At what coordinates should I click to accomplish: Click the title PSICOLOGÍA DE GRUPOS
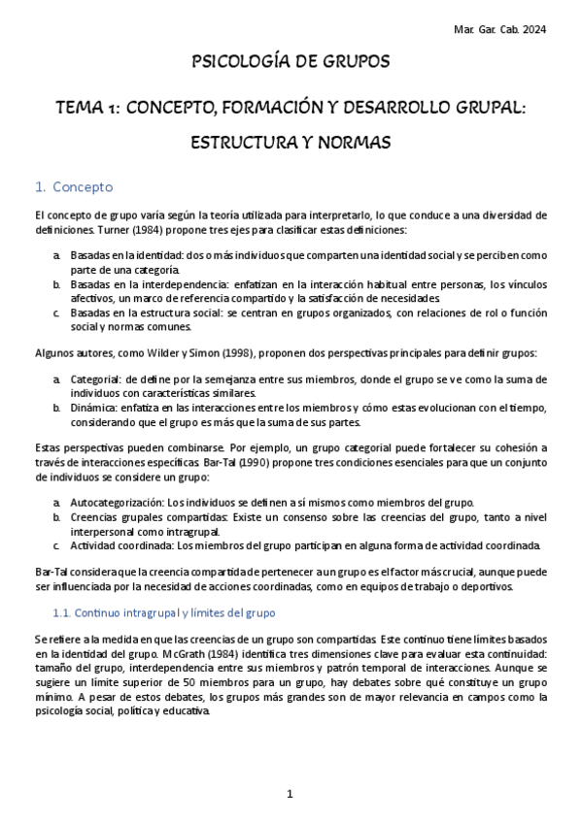click(x=291, y=62)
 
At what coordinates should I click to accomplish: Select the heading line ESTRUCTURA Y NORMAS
click(x=291, y=143)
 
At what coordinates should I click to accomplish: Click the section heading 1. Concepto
click(x=74, y=186)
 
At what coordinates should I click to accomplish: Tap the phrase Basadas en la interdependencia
click(x=143, y=284)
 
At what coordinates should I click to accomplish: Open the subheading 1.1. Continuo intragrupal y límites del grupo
click(x=162, y=613)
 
